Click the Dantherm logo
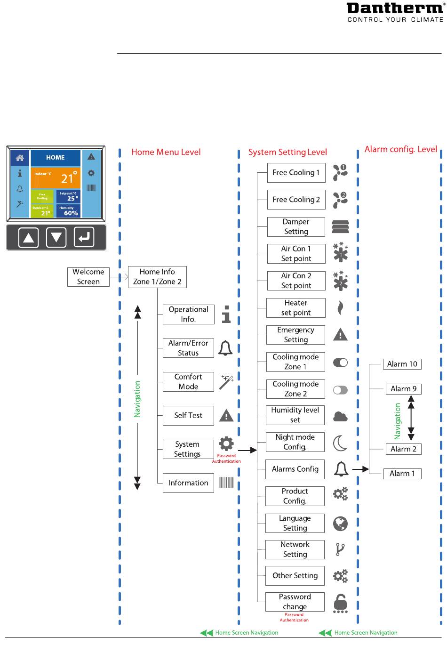point(395,13)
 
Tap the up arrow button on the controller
point(28,238)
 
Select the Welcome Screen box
point(88,277)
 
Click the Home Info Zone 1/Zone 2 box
point(157,277)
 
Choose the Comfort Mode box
point(188,382)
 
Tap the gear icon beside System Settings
point(226,443)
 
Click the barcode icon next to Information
point(226,483)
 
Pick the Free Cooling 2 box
point(296,200)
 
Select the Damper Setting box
point(296,226)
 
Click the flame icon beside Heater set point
point(340,307)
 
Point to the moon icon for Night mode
point(340,443)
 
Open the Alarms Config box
point(295,469)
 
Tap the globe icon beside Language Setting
point(340,524)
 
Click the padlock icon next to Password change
point(340,604)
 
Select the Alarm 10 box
point(402,364)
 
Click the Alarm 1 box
point(402,474)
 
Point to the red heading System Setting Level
point(287,152)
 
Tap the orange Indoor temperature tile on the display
point(56,177)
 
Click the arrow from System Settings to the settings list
point(247,450)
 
